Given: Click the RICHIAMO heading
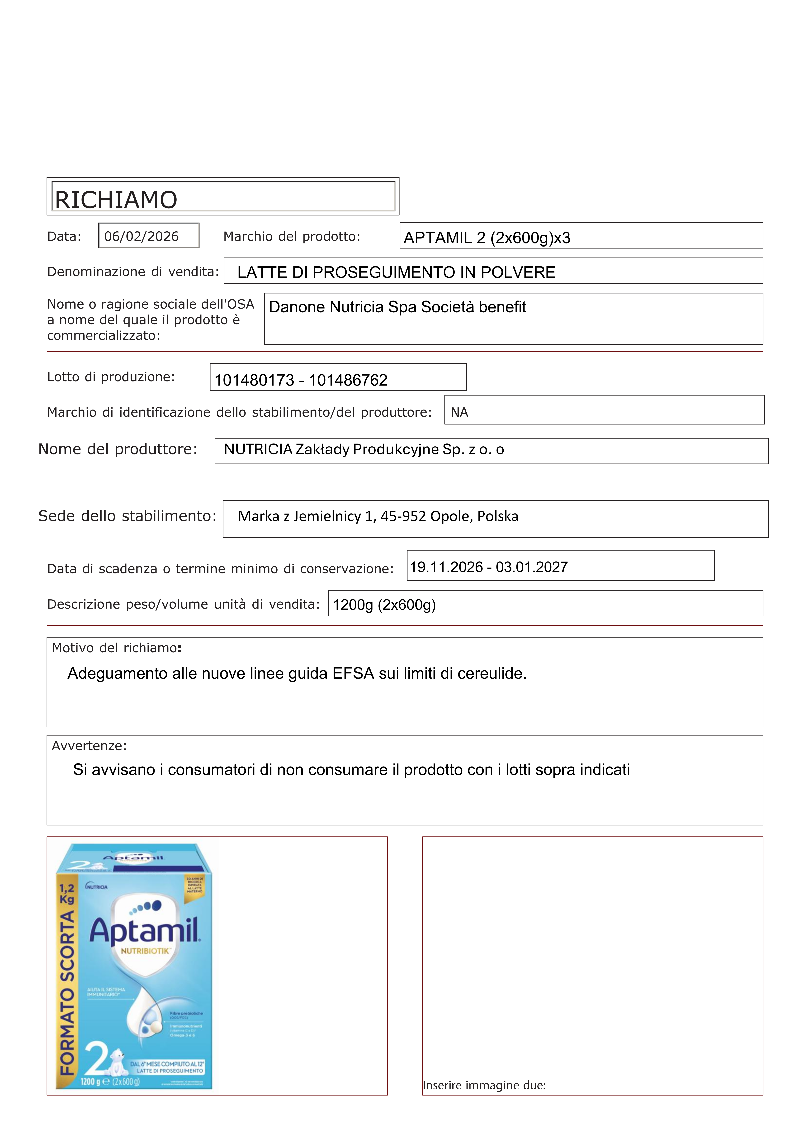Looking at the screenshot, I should pyautogui.click(x=116, y=200).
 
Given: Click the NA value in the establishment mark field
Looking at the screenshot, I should pyautogui.click(x=459, y=412).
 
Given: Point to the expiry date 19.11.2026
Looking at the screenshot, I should pyautogui.click(x=446, y=567).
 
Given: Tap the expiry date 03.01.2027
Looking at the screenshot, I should pyautogui.click(x=531, y=567).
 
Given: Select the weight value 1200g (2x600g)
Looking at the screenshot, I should pyautogui.click(x=384, y=605).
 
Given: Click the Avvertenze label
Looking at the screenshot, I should pyautogui.click(x=89, y=746).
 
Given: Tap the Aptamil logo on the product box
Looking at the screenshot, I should pyautogui.click(x=144, y=932).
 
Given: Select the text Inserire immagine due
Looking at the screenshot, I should pyautogui.click(x=484, y=1085).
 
